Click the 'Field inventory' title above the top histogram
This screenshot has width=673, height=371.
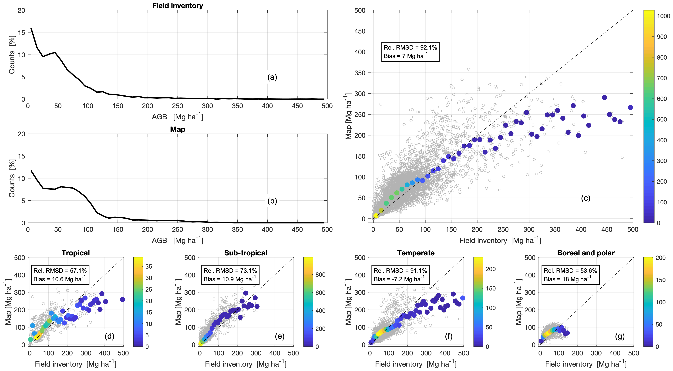pos(178,6)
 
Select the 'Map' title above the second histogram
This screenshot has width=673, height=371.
pos(178,129)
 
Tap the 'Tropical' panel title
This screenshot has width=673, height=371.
pos(76,253)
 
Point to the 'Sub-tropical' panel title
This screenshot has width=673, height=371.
pos(246,253)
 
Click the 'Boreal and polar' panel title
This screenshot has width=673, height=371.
pos(586,253)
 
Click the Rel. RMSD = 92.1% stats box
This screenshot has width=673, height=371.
pos(410,52)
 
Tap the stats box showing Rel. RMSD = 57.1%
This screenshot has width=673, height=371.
pos(60,275)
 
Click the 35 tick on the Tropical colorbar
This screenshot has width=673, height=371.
pos(149,266)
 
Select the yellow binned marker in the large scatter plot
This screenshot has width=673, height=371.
pos(376,216)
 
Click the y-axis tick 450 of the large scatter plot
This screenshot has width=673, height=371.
pos(360,31)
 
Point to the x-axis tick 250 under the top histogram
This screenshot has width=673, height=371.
pos(177,106)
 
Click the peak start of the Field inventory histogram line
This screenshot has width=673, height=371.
pos(31,28)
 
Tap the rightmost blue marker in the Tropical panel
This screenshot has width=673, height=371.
pos(122,299)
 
